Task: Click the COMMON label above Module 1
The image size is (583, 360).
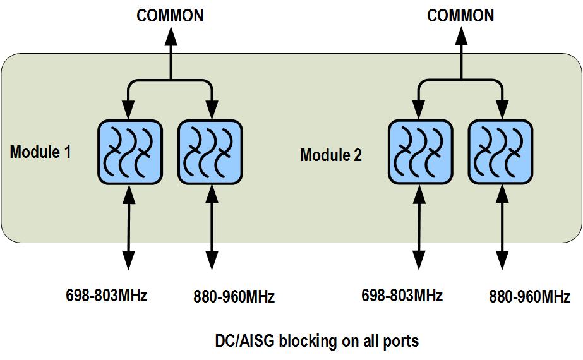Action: [x=170, y=15]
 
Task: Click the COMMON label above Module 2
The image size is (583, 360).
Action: [x=460, y=15]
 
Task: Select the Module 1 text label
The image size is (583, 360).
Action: [x=40, y=152]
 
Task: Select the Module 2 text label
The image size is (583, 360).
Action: [x=331, y=155]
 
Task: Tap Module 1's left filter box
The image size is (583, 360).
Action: [x=129, y=152]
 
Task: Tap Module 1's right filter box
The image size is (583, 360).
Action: [x=210, y=152]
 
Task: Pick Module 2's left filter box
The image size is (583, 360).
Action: [x=420, y=152]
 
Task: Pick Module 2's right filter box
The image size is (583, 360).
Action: [x=500, y=152]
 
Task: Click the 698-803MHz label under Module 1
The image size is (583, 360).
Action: [x=106, y=295]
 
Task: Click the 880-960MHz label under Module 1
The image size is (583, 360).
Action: [x=234, y=296]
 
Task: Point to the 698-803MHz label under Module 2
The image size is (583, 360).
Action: [x=402, y=295]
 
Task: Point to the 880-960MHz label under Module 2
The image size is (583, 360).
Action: [x=529, y=296]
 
